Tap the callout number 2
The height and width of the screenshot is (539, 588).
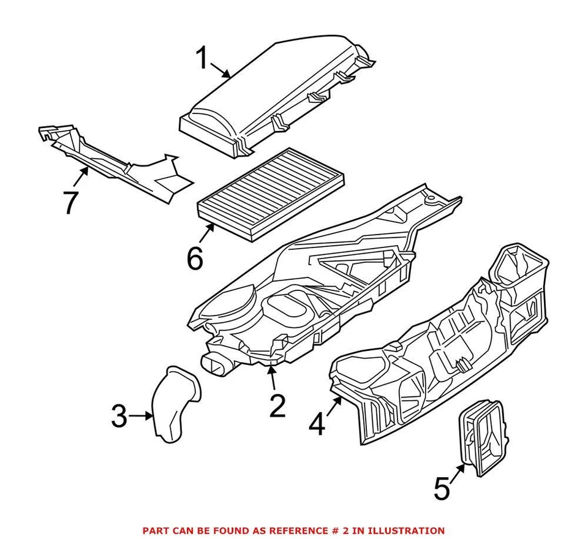click(277, 405)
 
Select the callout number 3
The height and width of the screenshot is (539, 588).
click(119, 417)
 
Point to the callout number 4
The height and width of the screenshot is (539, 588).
click(317, 424)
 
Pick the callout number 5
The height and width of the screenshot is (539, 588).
click(442, 489)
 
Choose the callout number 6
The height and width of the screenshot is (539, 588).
click(195, 258)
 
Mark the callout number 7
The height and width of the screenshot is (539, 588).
click(70, 202)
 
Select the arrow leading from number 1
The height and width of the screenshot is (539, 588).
click(222, 71)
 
